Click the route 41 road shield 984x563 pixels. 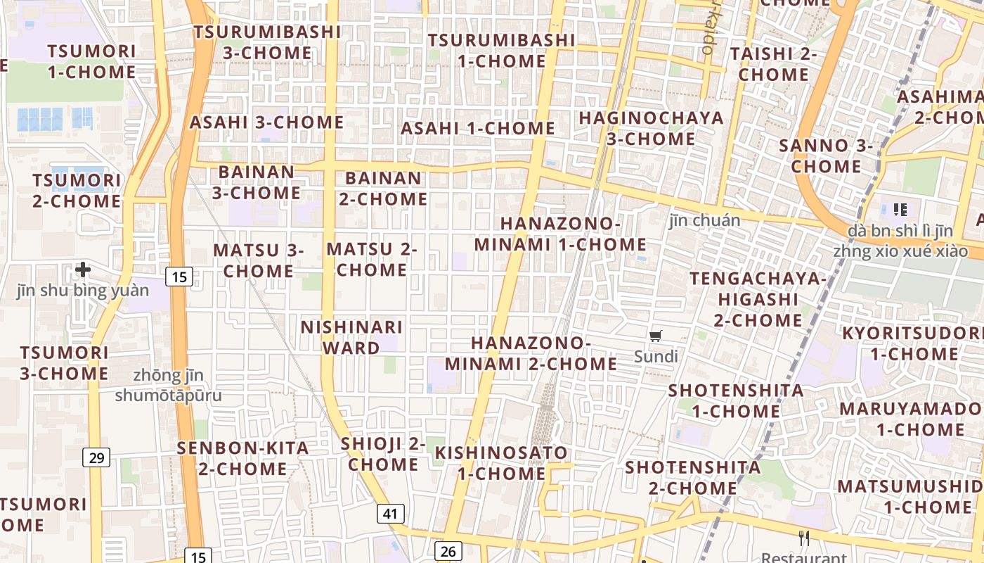[391, 514]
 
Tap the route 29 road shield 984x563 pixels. [96, 458]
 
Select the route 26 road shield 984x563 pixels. [448, 551]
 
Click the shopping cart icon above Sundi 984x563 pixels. [656, 336]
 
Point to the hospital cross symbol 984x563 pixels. [83, 270]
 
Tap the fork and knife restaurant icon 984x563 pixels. [804, 538]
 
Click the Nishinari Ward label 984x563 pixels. [351, 337]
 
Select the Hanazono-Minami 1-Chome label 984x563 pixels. [560, 234]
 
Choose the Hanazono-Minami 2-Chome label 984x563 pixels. [531, 353]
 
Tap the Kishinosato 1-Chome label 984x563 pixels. [501, 462]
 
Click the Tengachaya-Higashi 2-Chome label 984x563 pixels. [758, 299]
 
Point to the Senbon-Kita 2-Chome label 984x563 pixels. [242, 458]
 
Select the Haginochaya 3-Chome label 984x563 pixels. [651, 128]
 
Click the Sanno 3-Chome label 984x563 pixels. [826, 156]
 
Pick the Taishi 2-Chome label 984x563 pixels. [773, 64]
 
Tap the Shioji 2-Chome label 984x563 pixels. [383, 454]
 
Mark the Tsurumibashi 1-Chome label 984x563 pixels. [501, 51]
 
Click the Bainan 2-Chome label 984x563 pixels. [383, 189]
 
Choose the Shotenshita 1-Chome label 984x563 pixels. [736, 400]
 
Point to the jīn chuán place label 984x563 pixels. [704, 221]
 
